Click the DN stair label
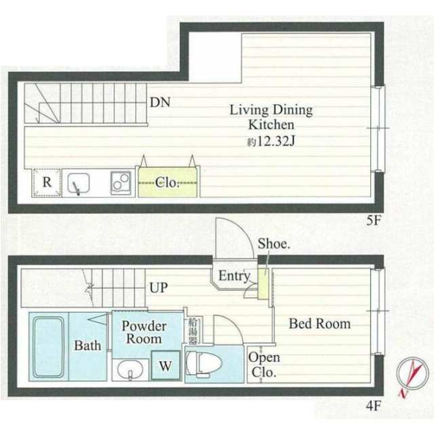pos(160,102)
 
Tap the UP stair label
pos(159,288)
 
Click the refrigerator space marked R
pos(47,182)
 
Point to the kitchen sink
pos(79,183)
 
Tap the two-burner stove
pos(121,182)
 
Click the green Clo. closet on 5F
pos(167,182)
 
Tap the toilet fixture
pos(204,363)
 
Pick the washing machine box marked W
pos(165,366)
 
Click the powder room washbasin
pos(130,370)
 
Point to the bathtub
pos(48,347)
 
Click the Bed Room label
pos(319,323)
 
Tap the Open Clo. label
pos(264,365)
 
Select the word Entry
pos(235,276)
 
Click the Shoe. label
pos(274,244)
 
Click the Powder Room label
pos(144,332)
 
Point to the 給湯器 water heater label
pos(193,331)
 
